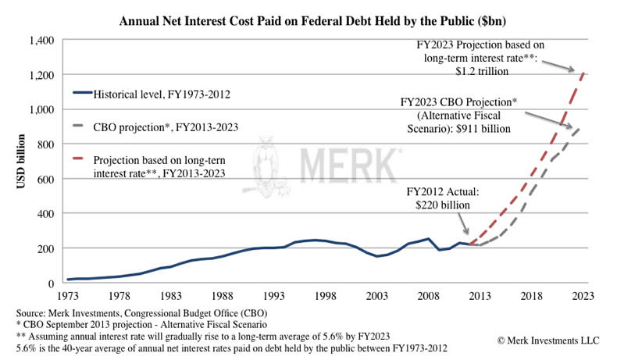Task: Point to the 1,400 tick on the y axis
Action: tap(40, 40)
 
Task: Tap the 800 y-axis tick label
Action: tap(46, 144)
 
